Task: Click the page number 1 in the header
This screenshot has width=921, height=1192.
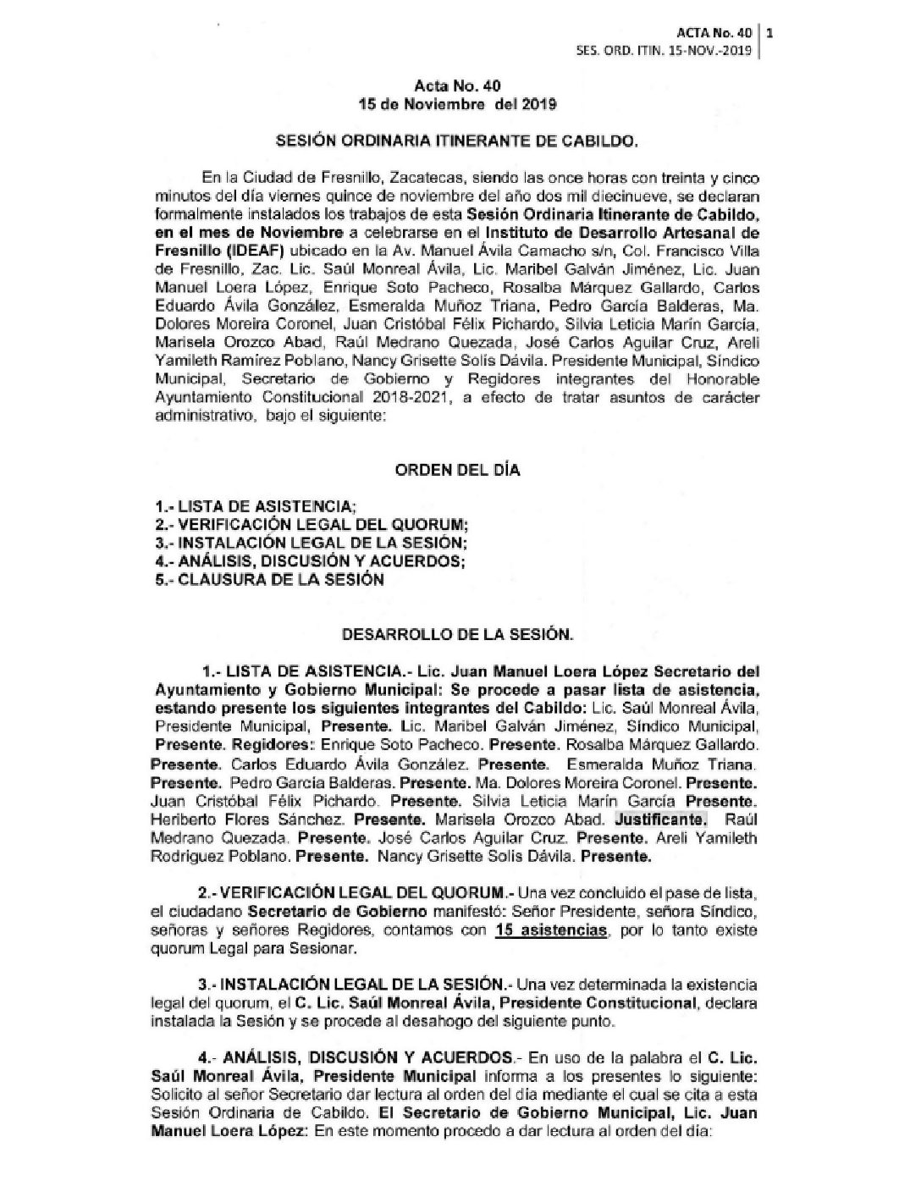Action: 770,35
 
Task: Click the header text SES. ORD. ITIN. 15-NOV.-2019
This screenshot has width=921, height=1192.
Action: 663,51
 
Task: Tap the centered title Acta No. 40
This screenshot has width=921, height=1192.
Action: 458,87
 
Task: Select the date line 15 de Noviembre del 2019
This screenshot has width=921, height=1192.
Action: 457,104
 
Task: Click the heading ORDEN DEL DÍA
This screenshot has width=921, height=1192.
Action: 456,470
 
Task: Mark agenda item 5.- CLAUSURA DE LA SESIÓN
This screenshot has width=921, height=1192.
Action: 263,580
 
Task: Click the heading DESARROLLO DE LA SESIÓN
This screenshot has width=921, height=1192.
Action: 456,632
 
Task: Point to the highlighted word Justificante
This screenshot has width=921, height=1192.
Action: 660,820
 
